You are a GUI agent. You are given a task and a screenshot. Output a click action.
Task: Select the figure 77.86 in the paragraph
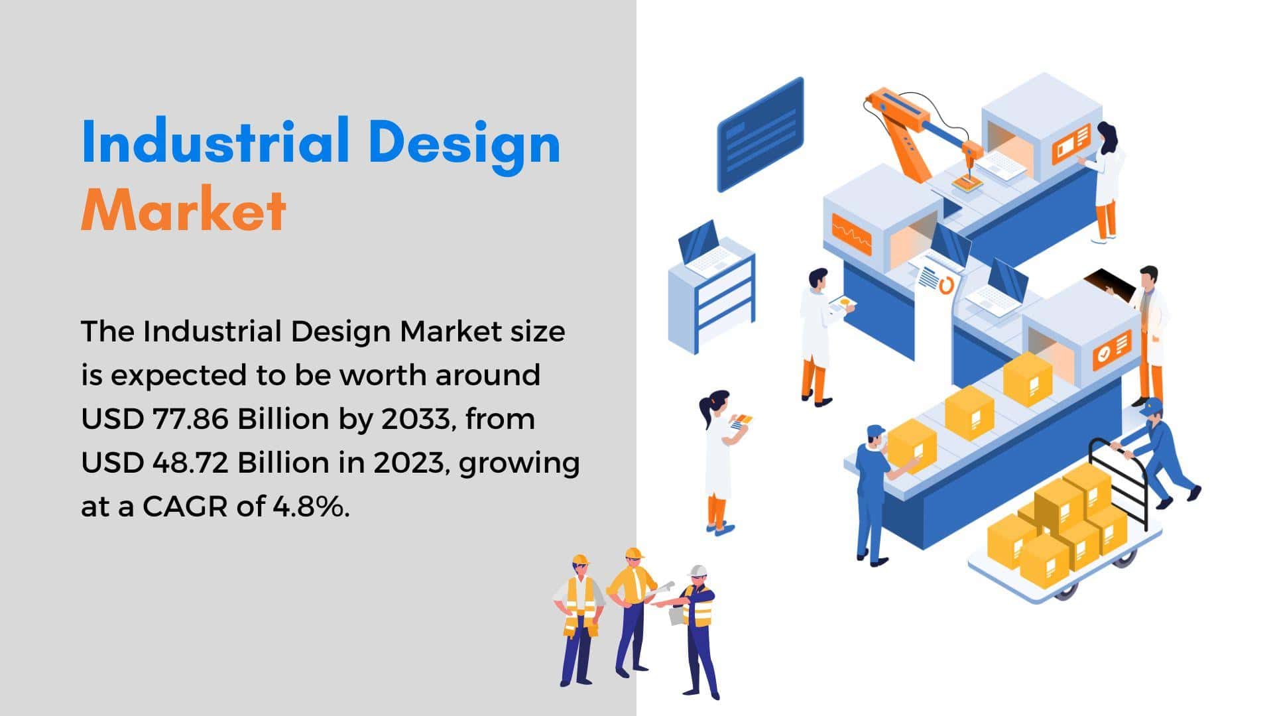point(192,419)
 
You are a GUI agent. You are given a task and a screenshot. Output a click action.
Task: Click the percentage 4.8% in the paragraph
point(311,507)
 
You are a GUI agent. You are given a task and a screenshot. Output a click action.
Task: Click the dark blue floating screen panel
point(760,135)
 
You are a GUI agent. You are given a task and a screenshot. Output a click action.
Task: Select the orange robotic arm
point(922,136)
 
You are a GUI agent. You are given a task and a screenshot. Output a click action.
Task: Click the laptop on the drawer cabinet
point(705,249)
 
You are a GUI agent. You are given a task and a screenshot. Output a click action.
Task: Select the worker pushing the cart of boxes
point(1160,451)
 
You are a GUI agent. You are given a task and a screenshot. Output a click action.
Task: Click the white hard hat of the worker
point(697,571)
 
